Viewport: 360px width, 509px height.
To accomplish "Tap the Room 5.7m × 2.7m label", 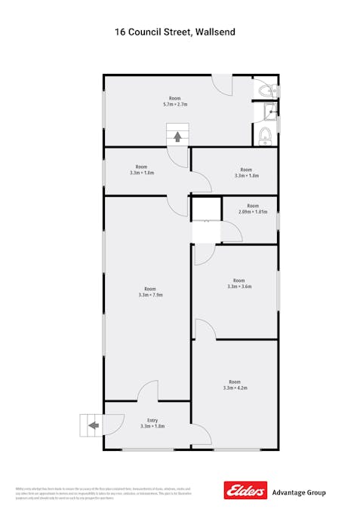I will pos(175,102).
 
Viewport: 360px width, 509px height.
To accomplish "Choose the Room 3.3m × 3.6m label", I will pos(238,284).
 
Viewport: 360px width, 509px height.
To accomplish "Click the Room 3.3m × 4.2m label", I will pos(235,385).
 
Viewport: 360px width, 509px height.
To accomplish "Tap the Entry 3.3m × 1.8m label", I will pos(152,423).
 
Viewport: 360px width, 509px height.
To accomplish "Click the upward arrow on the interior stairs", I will pos(177,136).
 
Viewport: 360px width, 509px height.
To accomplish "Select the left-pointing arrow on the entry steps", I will pos(93,426).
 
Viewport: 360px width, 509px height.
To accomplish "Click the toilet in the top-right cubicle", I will pos(266,90).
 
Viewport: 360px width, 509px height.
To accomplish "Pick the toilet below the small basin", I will pos(265,136).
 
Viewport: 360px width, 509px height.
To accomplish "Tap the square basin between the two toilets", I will pos(270,113).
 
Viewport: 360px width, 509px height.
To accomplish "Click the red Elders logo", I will pos(245,491).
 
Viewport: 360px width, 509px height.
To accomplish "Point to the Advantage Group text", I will pos(299,492).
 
